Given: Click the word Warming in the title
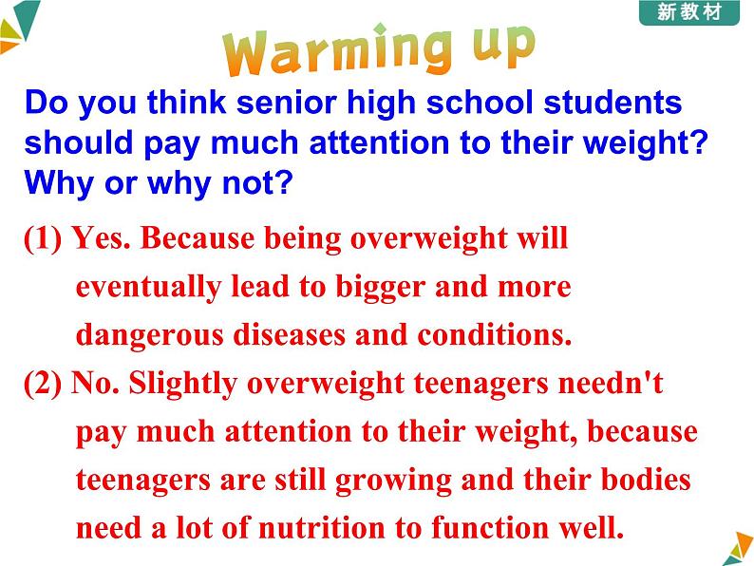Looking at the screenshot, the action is pos(337,50).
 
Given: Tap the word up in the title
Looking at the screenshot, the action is pos(503,46).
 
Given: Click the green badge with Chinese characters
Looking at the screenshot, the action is pos(689,12).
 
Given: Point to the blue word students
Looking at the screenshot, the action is pos(613,103).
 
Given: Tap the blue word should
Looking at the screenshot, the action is pos(79,142).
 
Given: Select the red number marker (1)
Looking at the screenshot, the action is pos(43,238).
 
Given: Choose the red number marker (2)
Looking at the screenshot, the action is pos(43,384).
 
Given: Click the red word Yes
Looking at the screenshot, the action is pos(102,237).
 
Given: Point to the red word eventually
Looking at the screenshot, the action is pos(148,288).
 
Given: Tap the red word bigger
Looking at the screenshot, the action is pos(381,288).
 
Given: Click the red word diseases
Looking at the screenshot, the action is pos(290,334).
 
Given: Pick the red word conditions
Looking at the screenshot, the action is pos(495,334).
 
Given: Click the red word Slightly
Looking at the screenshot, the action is pos(183,386).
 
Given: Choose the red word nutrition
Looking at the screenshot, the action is pos(322,527).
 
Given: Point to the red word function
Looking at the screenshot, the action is pos(489,527).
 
